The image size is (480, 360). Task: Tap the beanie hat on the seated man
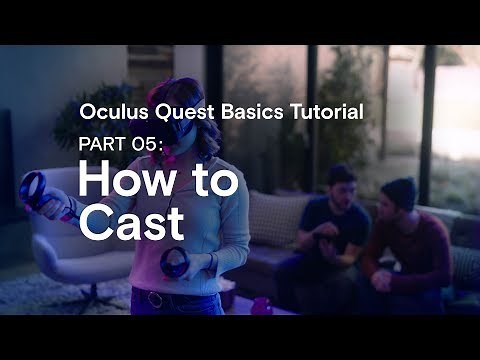pyautogui.click(x=399, y=184)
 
